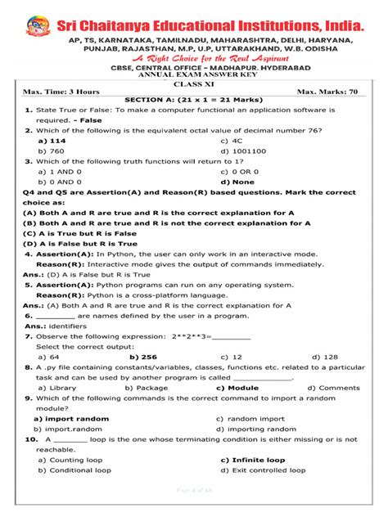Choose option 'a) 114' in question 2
52,140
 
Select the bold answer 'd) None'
237,182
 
